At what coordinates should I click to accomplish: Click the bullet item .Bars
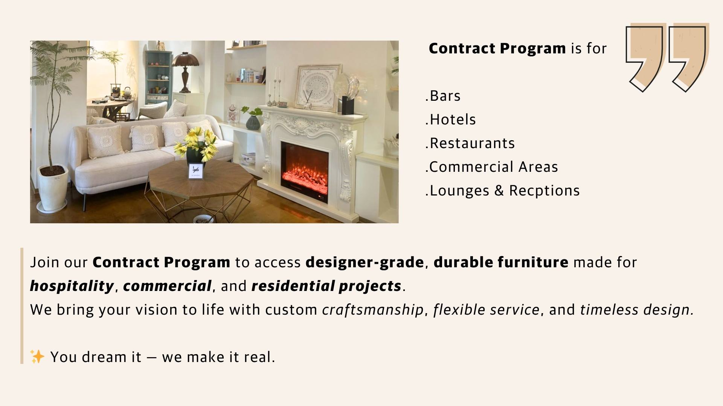[443, 96]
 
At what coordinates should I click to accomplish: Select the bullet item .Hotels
[451, 120]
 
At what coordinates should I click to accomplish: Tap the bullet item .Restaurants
[470, 144]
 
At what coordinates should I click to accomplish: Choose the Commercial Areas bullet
[492, 167]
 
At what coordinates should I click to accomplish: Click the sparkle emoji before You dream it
[37, 357]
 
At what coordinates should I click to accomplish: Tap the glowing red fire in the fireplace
[304, 169]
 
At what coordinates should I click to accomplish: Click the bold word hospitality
[72, 286]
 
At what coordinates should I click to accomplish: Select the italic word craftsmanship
[373, 310]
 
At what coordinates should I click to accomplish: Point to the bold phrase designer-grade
[365, 262]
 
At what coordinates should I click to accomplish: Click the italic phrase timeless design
[636, 310]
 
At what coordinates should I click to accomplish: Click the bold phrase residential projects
[326, 286]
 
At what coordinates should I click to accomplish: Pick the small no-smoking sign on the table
[196, 171]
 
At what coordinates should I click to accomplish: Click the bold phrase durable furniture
[501, 262]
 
